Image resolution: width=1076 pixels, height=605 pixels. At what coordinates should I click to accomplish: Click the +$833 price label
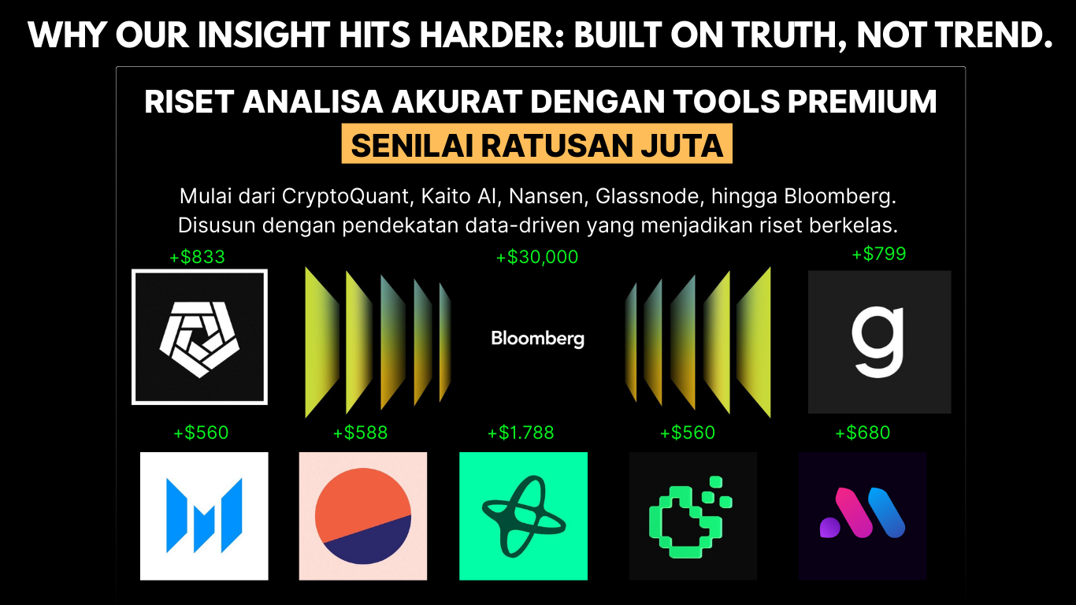click(x=197, y=257)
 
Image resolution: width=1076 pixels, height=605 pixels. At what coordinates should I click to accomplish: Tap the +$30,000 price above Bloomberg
click(x=537, y=257)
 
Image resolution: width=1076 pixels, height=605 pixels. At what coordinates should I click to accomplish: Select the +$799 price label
click(x=878, y=254)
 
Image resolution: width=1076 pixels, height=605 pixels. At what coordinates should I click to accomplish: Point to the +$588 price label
click(x=360, y=433)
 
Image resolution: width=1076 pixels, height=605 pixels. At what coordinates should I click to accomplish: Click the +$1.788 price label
click(x=521, y=433)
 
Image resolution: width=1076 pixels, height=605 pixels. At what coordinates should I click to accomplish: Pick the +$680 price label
click(x=863, y=433)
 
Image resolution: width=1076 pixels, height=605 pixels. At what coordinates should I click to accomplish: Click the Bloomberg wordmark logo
click(x=537, y=339)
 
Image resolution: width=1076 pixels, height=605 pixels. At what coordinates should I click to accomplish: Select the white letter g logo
click(x=879, y=342)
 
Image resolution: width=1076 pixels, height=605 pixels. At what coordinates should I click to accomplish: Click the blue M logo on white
click(x=204, y=516)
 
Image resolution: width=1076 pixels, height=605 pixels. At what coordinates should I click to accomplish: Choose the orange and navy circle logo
click(x=362, y=516)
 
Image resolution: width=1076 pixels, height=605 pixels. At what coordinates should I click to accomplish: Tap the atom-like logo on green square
click(x=523, y=516)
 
